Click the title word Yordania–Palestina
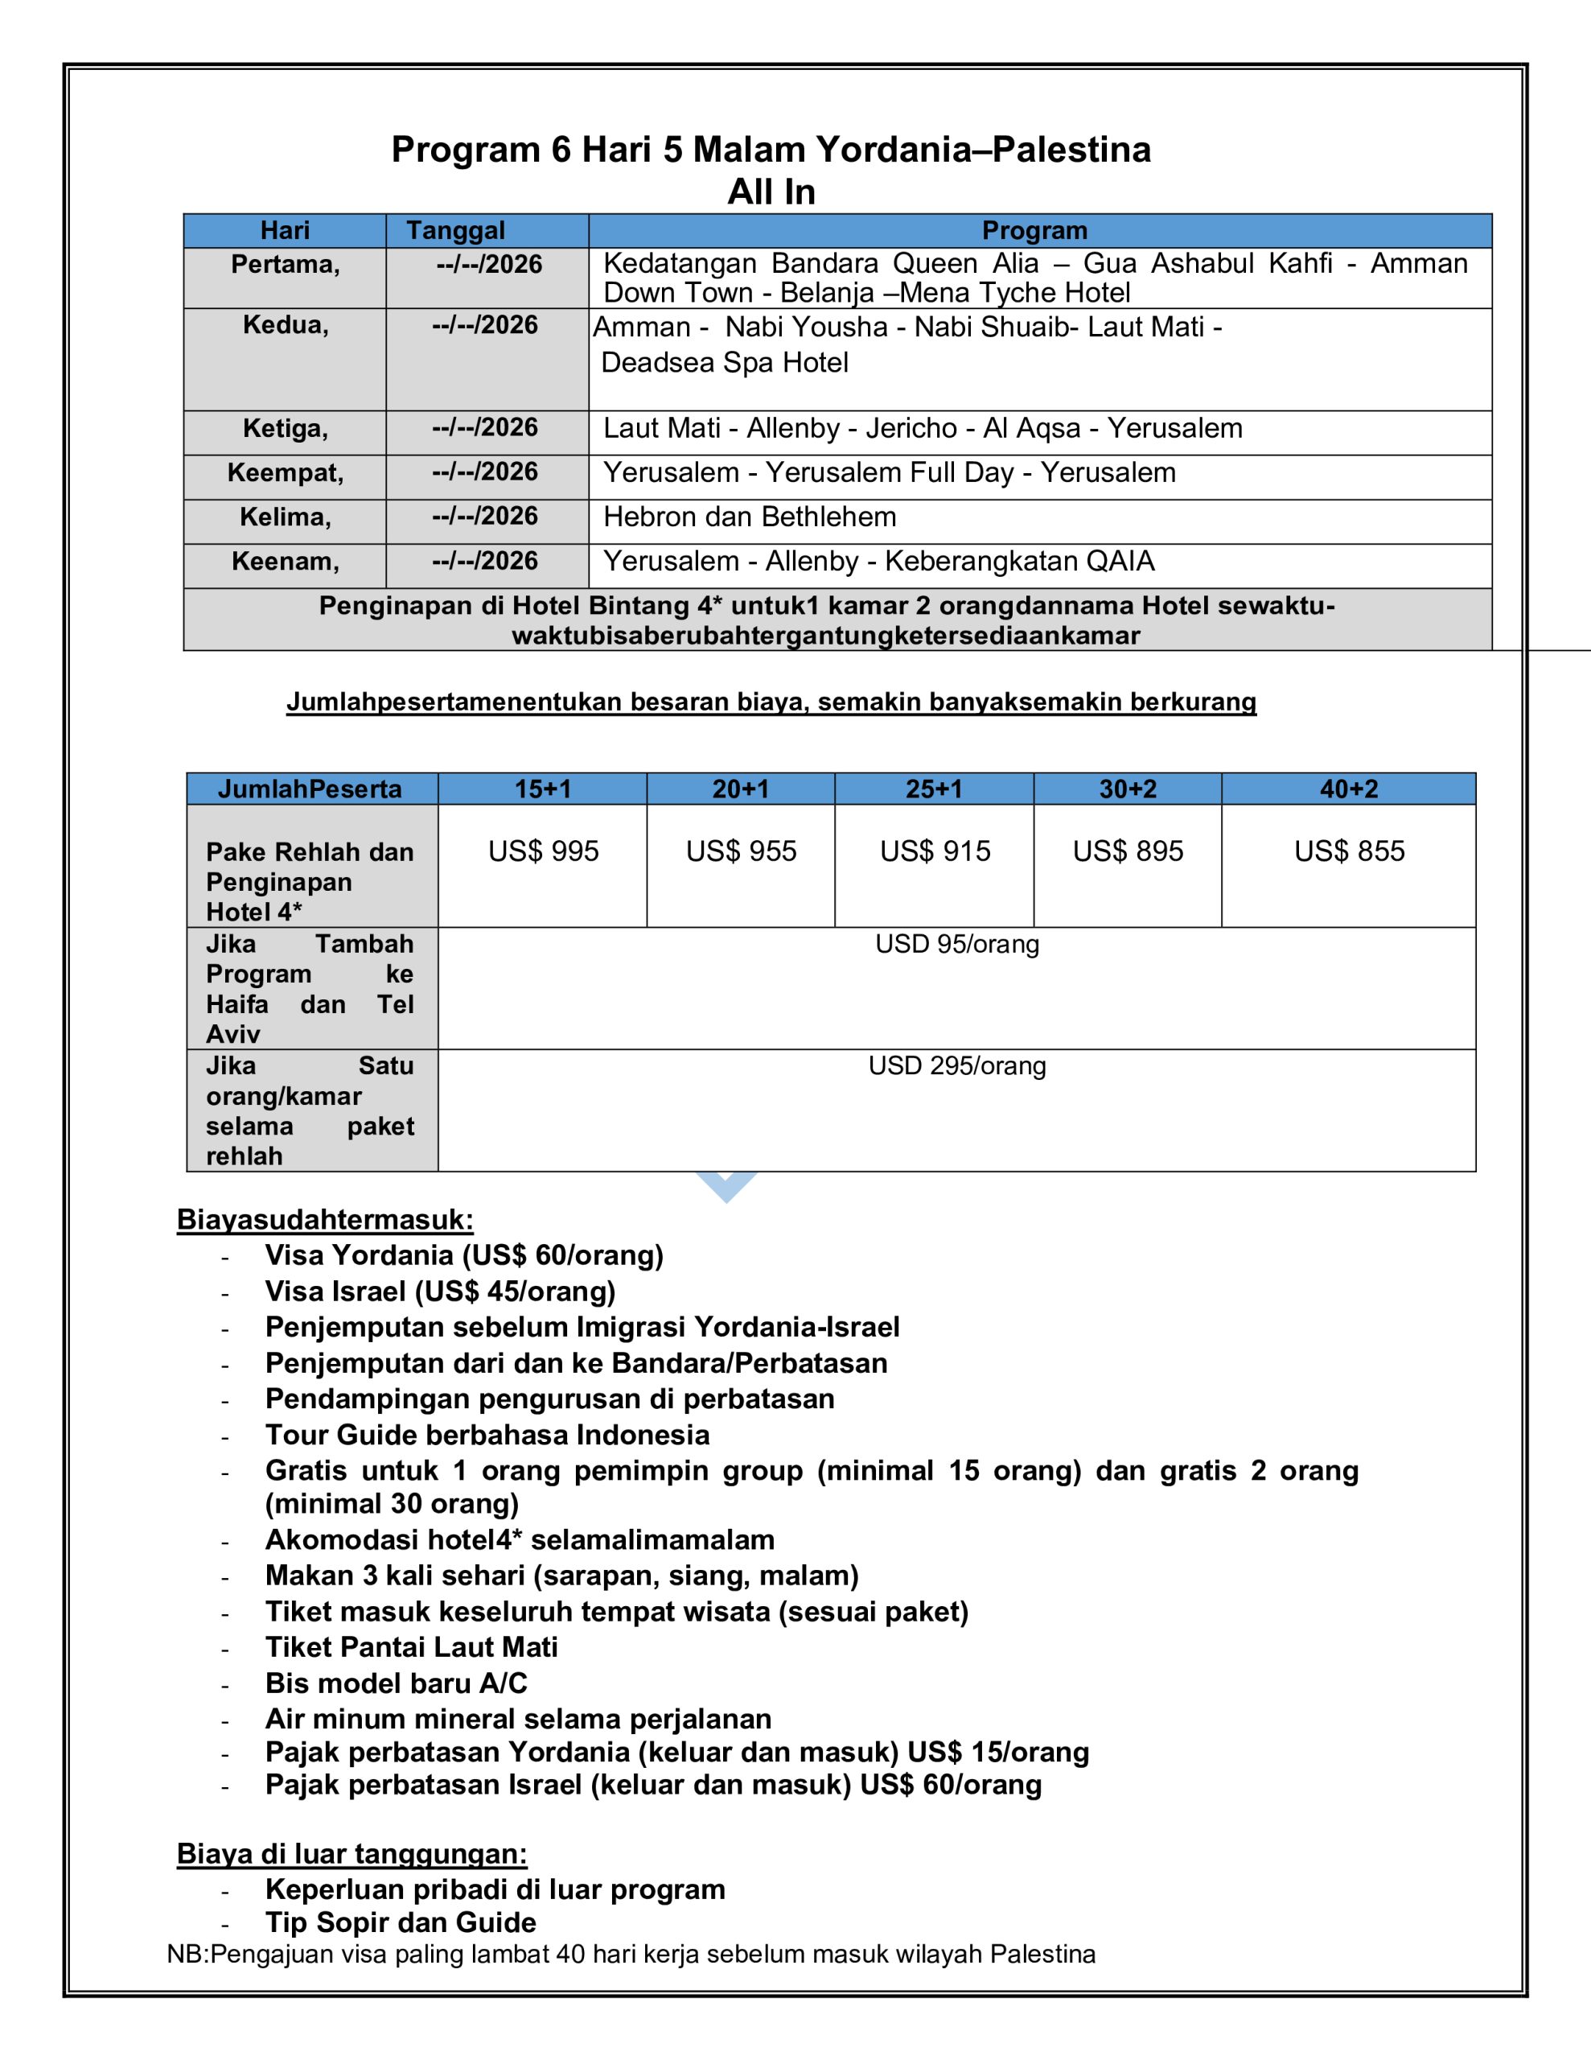pyautogui.click(x=983, y=150)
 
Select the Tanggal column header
pyautogui.click(x=455, y=230)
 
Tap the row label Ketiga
pyautogui.click(x=285, y=428)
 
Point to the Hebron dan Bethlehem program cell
pyautogui.click(x=750, y=517)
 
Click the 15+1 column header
pyautogui.click(x=542, y=789)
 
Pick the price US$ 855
pyautogui.click(x=1349, y=851)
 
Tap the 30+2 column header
pyautogui.click(x=1127, y=789)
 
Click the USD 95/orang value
pyautogui.click(x=956, y=944)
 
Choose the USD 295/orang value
pyautogui.click(x=956, y=1066)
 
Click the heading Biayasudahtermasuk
pyautogui.click(x=324, y=1220)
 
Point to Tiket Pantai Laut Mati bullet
pyautogui.click(x=411, y=1647)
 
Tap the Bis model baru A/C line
pyautogui.click(x=396, y=1683)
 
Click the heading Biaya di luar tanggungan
pyautogui.click(x=351, y=1853)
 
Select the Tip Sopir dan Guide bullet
pyautogui.click(x=400, y=1922)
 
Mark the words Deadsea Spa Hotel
pyautogui.click(x=724, y=363)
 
